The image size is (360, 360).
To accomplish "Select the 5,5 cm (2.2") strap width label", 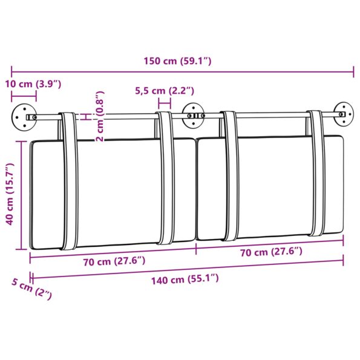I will (x=165, y=91).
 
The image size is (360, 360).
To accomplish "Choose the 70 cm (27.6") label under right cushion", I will (x=270, y=251).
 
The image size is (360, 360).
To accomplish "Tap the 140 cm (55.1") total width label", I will (x=185, y=279).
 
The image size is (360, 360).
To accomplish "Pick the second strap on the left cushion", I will (x=166, y=178).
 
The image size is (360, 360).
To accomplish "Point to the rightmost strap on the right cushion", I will (x=316, y=174).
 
